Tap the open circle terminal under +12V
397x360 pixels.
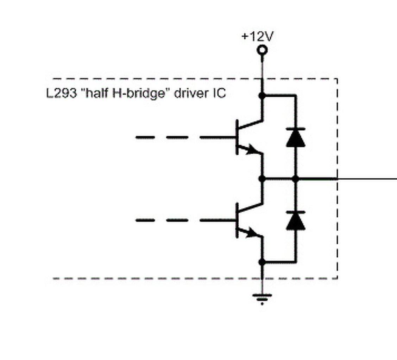262,50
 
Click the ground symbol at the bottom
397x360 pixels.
262,298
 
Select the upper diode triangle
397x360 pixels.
295,137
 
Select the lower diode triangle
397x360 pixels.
295,221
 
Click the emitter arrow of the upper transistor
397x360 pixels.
252,150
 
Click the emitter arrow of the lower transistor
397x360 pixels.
252,233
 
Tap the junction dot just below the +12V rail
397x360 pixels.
261,95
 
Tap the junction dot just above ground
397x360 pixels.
261,262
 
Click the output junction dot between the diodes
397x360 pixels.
295,179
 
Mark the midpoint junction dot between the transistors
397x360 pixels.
261,179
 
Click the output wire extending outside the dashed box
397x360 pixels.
368,179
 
